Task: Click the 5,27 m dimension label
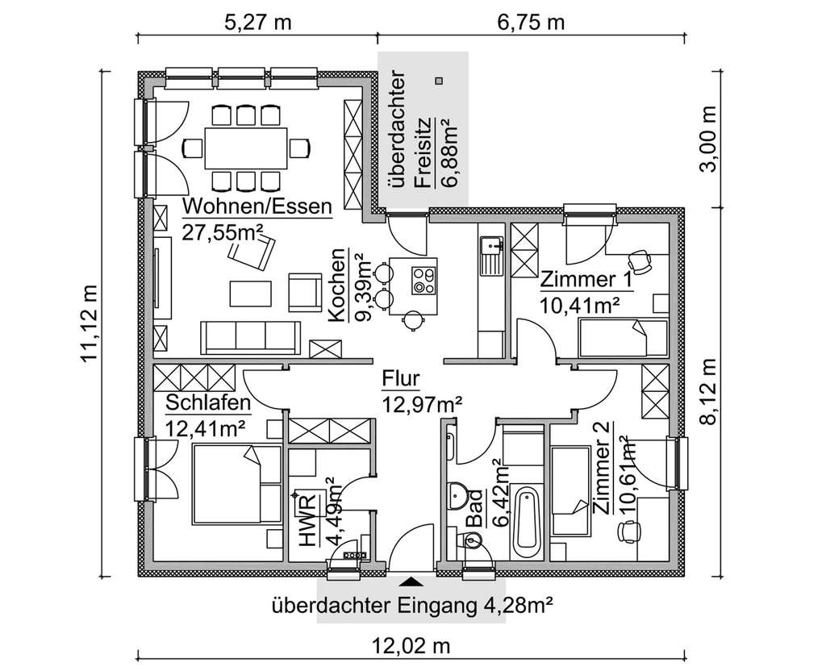[x=256, y=22]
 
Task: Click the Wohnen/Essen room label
[x=257, y=206]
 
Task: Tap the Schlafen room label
[x=208, y=402]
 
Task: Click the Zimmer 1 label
[x=586, y=280]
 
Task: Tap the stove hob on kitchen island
[x=424, y=279]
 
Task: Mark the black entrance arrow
[x=412, y=581]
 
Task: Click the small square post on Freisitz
[x=438, y=80]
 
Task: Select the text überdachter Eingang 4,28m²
[x=411, y=604]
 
